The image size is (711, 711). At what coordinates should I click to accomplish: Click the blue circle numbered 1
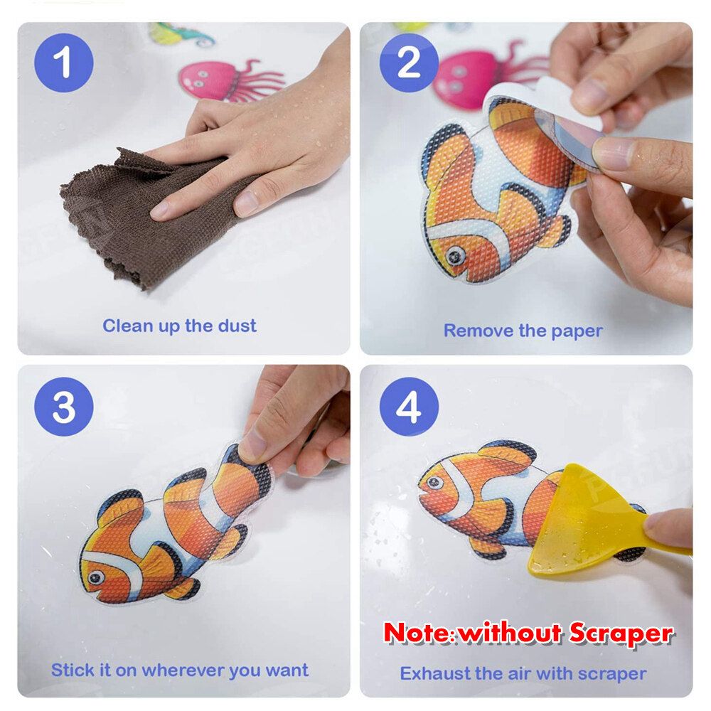point(64,63)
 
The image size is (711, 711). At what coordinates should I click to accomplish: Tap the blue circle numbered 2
point(409,63)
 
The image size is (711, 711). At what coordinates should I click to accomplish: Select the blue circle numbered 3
point(64,406)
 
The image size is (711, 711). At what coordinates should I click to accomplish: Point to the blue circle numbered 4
point(409,406)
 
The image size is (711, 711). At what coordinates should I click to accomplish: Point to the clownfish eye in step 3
point(96,577)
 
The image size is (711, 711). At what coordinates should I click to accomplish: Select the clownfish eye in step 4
point(435,482)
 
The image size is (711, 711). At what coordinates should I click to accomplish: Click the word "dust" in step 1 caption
point(237,326)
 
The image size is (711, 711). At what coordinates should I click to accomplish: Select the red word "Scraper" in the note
point(621,633)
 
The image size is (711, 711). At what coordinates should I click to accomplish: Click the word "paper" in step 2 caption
point(577,331)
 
